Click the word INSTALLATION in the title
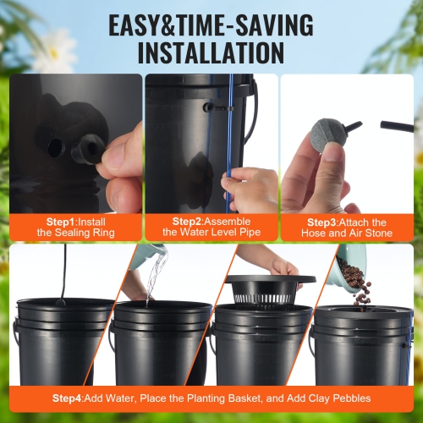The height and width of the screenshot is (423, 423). [x=211, y=52]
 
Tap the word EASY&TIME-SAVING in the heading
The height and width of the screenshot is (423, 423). [x=211, y=24]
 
